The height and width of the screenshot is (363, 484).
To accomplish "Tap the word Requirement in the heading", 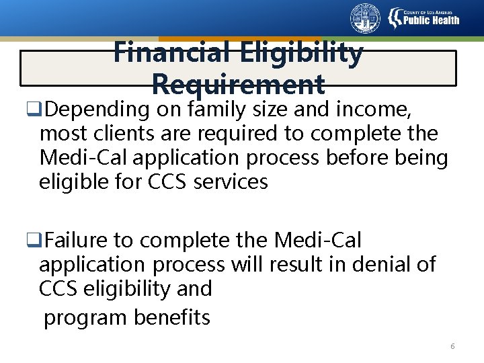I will pos(239,85).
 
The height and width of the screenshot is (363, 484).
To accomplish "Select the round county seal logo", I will pos(365,18).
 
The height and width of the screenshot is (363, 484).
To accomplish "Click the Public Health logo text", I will pos(431,19).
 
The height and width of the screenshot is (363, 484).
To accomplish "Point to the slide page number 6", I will pos(452,346).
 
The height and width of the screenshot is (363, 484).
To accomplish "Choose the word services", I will pos(231,182).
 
